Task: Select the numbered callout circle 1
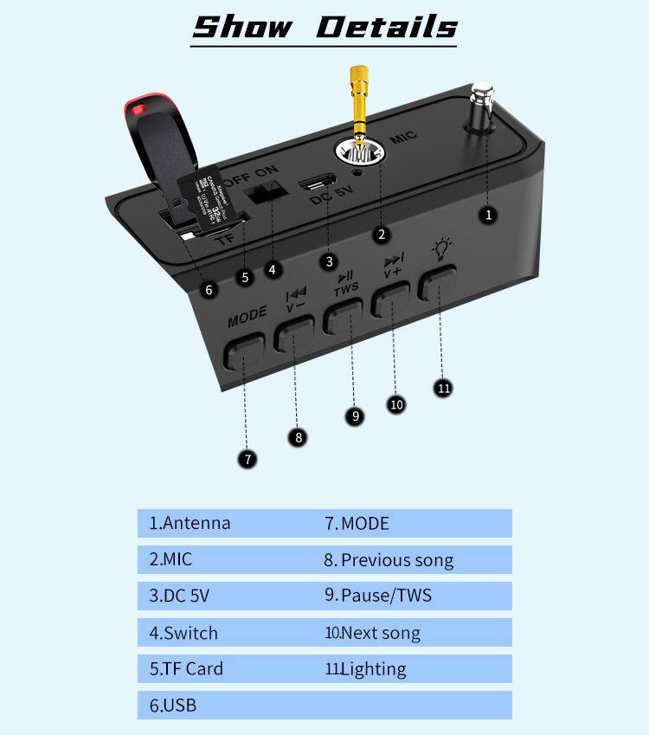(489, 214)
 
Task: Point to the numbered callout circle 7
(248, 459)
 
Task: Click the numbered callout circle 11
(444, 388)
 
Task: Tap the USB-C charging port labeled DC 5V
(317, 185)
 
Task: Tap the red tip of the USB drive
(136, 109)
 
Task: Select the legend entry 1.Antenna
(190, 523)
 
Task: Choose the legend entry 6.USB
(173, 705)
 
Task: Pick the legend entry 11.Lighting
(365, 668)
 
